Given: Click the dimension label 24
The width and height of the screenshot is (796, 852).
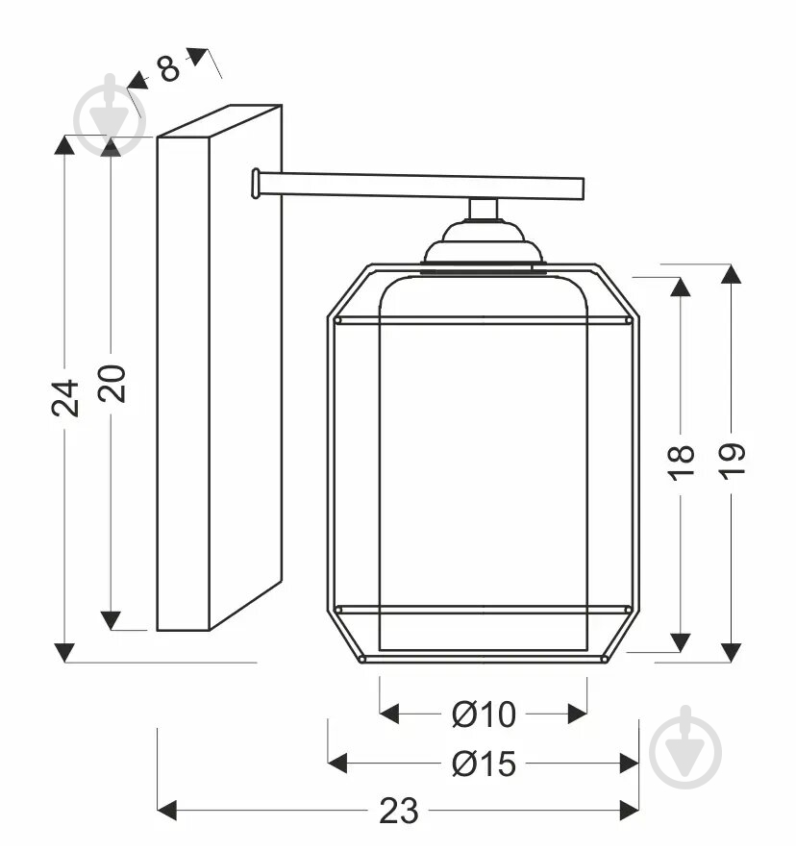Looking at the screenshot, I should (64, 397).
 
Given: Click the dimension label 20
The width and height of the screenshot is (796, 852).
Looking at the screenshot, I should (112, 383).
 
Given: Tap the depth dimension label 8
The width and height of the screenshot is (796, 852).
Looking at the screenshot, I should (168, 69).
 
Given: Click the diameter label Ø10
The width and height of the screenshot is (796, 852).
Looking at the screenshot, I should (484, 714).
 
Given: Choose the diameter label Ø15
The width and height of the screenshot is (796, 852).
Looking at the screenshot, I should (484, 764).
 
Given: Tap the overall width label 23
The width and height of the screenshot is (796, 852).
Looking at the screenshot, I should (398, 812).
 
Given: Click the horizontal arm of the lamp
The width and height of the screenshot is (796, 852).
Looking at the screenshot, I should (423, 186).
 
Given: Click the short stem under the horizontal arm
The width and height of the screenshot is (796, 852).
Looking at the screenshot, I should (484, 209).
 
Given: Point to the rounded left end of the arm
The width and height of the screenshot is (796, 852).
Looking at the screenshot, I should (256, 184).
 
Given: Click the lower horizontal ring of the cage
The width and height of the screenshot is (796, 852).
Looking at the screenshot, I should (483, 610).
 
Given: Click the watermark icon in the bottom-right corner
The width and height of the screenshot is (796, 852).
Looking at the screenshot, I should (684, 748).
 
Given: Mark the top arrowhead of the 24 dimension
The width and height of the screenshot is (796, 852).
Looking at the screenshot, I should (64, 145).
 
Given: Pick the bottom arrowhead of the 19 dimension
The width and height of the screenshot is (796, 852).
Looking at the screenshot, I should (732, 652).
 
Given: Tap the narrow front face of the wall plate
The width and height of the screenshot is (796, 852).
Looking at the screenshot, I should (183, 385).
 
